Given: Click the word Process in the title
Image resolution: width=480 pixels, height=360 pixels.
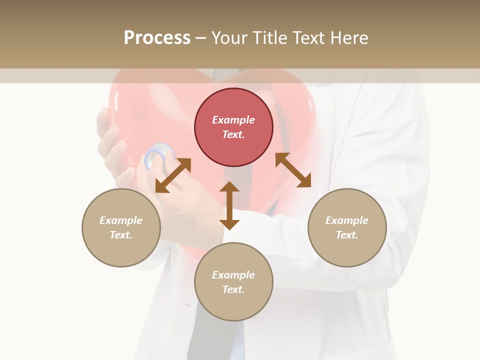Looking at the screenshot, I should click(x=157, y=38).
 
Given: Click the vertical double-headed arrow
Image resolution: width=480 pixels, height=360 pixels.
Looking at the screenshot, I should click(x=229, y=205).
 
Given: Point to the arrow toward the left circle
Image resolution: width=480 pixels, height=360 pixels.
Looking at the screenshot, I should click(x=173, y=175).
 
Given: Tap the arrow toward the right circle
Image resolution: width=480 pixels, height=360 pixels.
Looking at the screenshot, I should click(x=293, y=170).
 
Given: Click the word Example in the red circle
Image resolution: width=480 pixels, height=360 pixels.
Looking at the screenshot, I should click(x=233, y=120).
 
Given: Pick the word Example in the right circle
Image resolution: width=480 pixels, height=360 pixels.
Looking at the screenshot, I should click(x=347, y=220).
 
